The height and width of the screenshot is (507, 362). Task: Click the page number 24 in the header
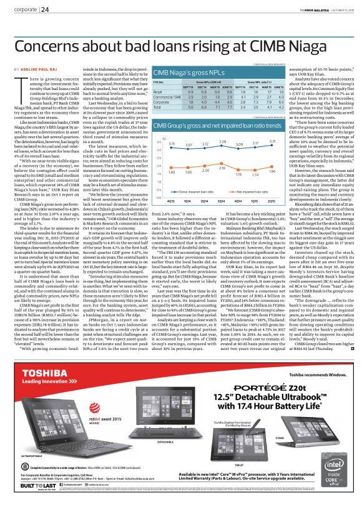46,9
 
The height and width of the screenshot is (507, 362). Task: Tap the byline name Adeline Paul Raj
42,67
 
